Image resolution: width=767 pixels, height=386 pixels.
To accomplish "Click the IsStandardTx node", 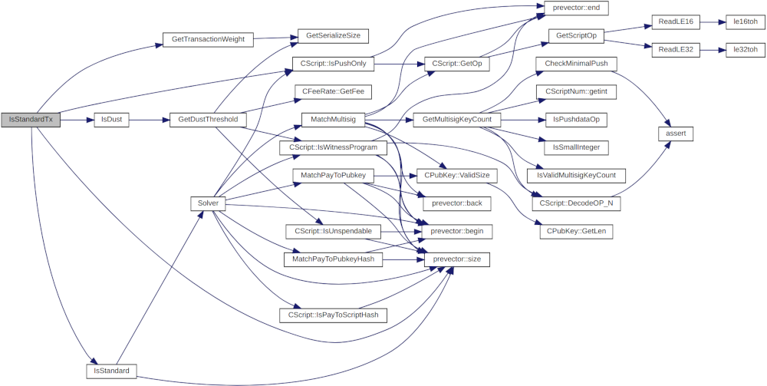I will point(31,120).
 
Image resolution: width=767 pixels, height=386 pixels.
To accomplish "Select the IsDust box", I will point(111,120).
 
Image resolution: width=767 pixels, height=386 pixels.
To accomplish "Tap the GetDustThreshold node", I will point(208,120).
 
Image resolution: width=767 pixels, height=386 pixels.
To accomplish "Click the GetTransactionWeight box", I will point(208,38).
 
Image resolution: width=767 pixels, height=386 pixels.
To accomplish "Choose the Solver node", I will point(208,203).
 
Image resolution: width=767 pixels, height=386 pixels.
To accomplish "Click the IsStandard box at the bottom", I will point(111,371).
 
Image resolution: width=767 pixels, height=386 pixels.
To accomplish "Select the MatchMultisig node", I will point(328,120).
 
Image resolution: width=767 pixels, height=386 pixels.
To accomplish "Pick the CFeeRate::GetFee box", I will point(328,91).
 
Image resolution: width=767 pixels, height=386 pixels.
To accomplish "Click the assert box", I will point(676,134).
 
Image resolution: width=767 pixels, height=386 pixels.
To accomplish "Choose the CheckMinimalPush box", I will point(581,64).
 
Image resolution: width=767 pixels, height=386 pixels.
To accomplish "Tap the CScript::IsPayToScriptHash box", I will point(334,315).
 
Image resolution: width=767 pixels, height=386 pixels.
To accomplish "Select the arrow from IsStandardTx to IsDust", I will point(77,120).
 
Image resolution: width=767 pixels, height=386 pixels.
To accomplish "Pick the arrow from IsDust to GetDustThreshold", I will point(150,120).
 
